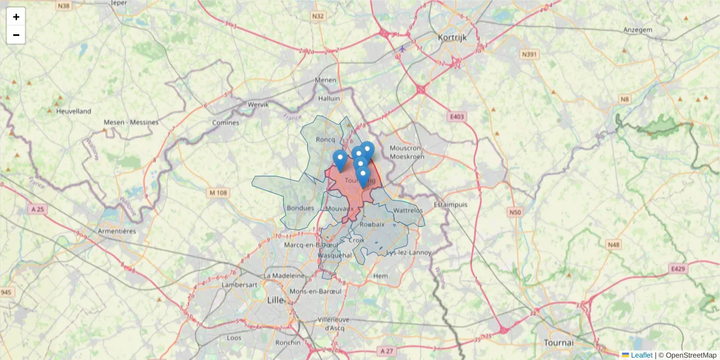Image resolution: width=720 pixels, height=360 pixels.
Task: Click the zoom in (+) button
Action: pos(16,17)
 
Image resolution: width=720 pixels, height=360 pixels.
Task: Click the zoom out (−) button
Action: pos(16,35)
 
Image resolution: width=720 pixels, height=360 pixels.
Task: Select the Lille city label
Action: pos(275,300)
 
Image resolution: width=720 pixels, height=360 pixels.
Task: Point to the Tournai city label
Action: pos(559,342)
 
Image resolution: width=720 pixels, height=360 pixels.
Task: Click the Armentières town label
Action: pos(116,231)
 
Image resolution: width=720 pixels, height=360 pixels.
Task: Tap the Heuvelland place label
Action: pos(73,111)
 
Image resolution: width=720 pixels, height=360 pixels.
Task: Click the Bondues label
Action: pos(301,208)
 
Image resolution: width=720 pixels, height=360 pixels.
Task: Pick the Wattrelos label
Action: pos(409,211)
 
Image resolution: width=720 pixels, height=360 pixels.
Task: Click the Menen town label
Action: pos(326,80)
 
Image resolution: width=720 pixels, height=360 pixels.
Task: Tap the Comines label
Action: pos(226,122)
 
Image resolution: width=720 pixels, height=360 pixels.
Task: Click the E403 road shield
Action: pos(457,117)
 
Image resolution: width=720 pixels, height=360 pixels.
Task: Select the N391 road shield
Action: pos(529,55)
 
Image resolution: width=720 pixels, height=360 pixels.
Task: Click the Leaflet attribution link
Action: pos(641,355)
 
